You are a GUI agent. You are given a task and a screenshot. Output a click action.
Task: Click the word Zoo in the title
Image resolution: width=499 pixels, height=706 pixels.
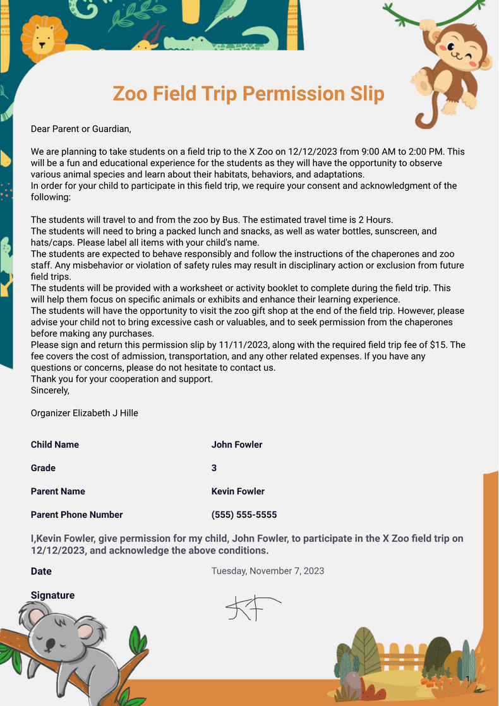click(x=130, y=94)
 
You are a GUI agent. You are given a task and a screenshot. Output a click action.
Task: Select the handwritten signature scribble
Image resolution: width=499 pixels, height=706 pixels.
click(x=250, y=607)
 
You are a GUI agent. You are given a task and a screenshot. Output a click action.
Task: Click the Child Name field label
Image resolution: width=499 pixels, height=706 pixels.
click(x=55, y=445)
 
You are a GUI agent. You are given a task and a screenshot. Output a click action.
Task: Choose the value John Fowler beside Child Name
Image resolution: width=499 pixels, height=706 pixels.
click(x=237, y=445)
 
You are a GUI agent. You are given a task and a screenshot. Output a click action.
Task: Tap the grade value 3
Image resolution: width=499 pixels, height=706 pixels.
click(x=214, y=468)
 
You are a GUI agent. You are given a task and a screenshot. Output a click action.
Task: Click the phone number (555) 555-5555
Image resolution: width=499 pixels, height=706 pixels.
click(x=244, y=515)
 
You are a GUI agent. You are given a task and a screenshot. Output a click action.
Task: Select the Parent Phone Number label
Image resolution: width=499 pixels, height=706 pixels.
click(x=76, y=515)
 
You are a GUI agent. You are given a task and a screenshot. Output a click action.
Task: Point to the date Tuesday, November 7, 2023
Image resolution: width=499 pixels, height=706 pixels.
click(x=267, y=571)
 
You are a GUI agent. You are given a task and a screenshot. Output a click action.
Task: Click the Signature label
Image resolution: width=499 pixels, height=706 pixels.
click(x=52, y=595)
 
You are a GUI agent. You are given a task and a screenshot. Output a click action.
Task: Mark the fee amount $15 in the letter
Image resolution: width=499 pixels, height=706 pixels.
click(x=457, y=345)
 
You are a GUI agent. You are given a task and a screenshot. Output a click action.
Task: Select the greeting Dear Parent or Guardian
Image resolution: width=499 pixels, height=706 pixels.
click(x=81, y=129)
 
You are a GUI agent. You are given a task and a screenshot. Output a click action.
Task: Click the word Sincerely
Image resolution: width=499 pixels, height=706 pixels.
click(x=50, y=390)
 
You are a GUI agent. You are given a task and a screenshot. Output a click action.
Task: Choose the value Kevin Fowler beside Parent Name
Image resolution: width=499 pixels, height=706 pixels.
click(x=238, y=491)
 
